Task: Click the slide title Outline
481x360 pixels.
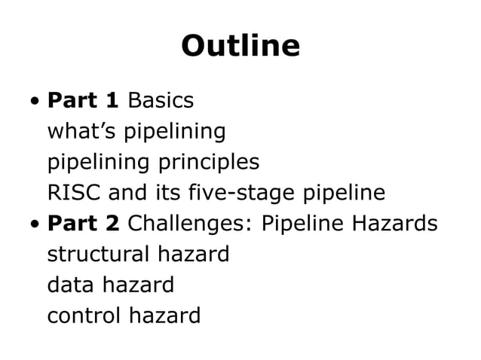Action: pyautogui.click(x=240, y=46)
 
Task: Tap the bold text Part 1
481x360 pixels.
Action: pyautogui.click(x=83, y=100)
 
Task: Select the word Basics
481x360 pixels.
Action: pyautogui.click(x=161, y=100)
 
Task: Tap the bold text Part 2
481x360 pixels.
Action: pyautogui.click(x=83, y=224)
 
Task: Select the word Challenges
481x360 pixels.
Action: pyautogui.click(x=191, y=224)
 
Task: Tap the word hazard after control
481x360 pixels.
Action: pyautogui.click(x=165, y=316)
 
